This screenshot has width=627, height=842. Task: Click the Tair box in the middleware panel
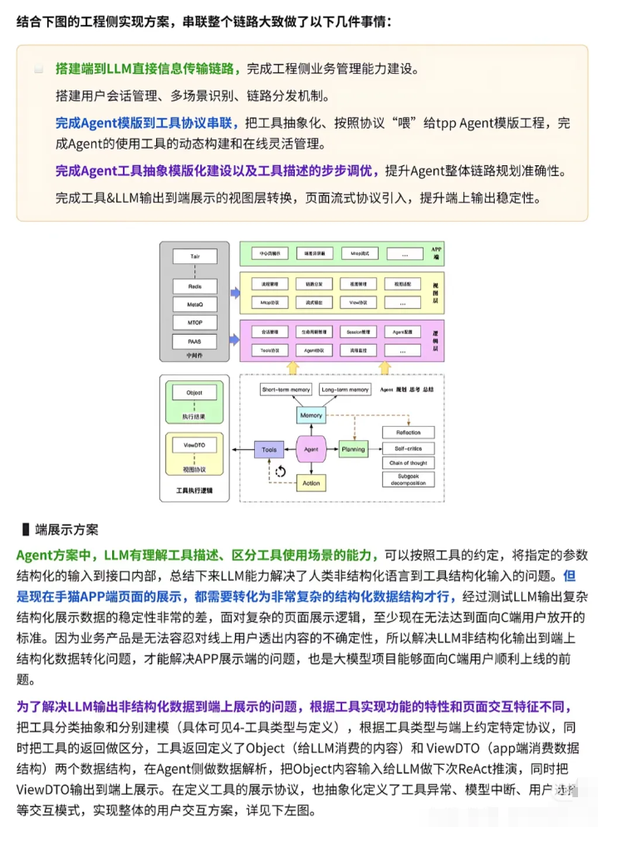point(195,257)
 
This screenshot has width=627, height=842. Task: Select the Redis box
point(195,286)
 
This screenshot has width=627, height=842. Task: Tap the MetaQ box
point(195,304)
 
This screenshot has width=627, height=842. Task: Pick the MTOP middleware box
point(195,322)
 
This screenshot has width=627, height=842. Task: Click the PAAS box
point(195,341)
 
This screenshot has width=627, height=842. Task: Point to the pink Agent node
point(311,449)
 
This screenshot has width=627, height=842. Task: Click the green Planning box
point(353,449)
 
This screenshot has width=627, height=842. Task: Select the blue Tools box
point(269,449)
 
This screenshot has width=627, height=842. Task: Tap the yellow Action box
point(311,482)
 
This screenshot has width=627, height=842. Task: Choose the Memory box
point(311,415)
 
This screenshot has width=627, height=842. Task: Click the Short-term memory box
point(286,389)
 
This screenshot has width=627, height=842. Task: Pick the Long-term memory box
point(344,389)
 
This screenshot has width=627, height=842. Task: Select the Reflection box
point(408,433)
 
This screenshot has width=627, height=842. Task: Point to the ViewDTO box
point(194,445)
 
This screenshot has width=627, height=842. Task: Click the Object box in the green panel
point(194,392)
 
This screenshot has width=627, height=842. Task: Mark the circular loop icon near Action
point(281,472)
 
